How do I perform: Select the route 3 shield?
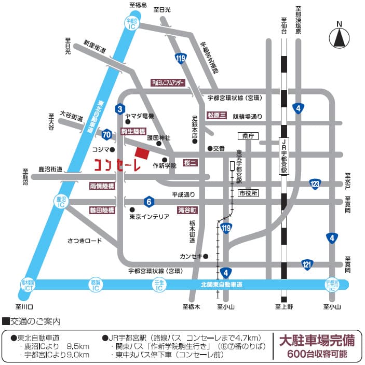120,108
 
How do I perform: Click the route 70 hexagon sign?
107,134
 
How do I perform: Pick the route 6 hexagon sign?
148,201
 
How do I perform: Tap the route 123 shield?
315,184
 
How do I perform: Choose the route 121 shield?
307,265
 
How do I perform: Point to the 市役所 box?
248,193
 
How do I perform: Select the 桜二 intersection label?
191,163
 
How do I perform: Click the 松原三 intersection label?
216,115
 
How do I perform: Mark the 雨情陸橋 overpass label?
102,186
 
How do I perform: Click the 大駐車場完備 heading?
317,341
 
